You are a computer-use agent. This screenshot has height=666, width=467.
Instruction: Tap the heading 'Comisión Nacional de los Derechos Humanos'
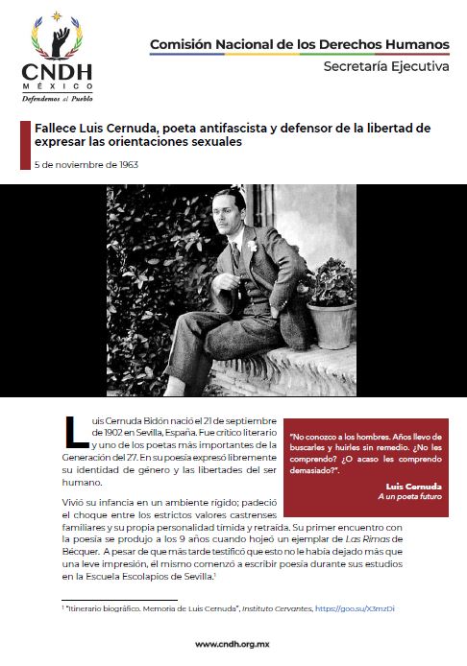[x=299, y=44]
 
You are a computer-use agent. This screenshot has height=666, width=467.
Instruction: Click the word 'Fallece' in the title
[x=58, y=128]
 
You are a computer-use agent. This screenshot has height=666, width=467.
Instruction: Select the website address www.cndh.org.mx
[x=233, y=645]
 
